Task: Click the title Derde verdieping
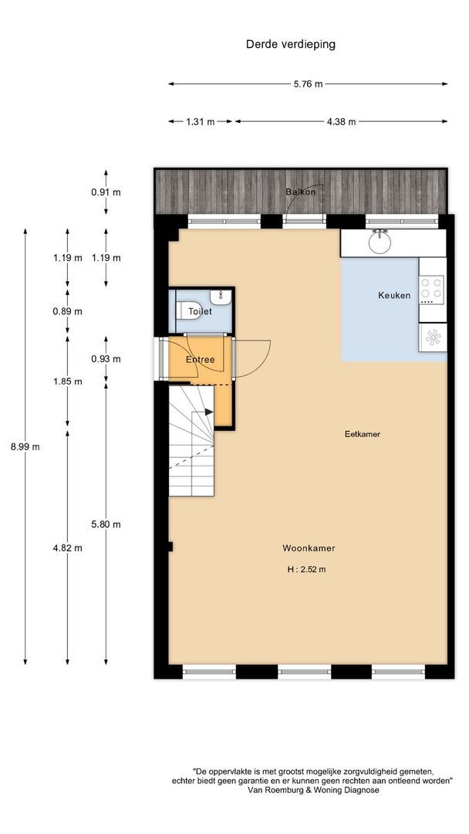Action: [290, 45]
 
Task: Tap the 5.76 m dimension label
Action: [308, 84]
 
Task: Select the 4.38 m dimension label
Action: [341, 121]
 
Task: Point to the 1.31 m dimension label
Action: [201, 121]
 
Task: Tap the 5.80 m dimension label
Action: [106, 524]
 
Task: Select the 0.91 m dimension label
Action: [106, 192]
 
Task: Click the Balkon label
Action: [300, 192]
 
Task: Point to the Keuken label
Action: [393, 295]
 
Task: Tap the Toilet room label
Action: [200, 312]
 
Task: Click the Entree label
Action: [199, 360]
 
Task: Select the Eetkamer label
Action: [362, 434]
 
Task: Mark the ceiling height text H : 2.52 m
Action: [306, 570]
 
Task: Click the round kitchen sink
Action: [380, 242]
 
